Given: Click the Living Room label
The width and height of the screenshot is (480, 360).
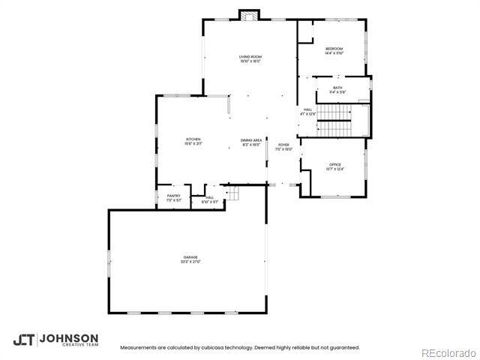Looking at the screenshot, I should coord(250,57).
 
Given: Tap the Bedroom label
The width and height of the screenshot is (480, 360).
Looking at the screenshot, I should coord(334,49).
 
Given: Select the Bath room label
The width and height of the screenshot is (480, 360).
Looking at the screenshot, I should coord(337,88).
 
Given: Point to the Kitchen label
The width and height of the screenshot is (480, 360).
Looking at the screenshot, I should coord(193,139).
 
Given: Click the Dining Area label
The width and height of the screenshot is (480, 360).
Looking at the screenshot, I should coord(251,140).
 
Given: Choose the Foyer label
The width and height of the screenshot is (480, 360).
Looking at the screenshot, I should coord(283,144).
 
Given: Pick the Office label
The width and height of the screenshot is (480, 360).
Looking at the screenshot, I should coord(334,164).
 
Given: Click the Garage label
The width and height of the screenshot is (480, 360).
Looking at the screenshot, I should coord(190,257).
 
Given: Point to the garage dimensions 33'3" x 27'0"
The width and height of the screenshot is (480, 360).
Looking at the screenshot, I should coord(190,262).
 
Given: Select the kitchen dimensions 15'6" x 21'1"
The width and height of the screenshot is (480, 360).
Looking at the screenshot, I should coord(193,143).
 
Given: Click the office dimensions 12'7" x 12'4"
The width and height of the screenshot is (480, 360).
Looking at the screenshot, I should coord(334,169).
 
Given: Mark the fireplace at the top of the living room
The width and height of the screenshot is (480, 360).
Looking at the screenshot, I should coord(250,15).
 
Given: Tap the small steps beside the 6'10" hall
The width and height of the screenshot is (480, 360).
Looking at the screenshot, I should coord(233,195).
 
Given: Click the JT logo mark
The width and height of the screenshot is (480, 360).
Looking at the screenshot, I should coord(23,340).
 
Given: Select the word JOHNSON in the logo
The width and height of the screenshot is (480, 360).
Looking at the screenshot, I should coord(68,337).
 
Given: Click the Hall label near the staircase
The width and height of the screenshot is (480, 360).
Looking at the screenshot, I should coord(307,109).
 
